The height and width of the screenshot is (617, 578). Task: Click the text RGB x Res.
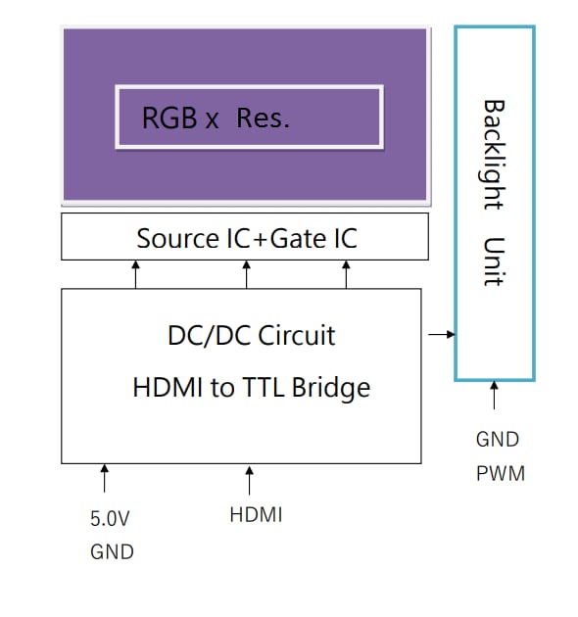[x=216, y=119]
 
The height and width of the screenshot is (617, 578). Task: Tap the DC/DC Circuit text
[x=251, y=336]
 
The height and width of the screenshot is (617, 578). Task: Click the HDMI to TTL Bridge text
[x=251, y=388]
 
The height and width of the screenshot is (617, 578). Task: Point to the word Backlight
[x=493, y=154]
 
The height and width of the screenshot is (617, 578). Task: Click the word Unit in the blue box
[x=493, y=261]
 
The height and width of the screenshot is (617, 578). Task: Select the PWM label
[x=500, y=474]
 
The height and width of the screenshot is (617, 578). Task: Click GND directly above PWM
[x=498, y=440]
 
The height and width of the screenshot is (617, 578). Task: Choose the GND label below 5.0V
[x=111, y=552]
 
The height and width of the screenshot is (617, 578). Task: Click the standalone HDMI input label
[x=256, y=514]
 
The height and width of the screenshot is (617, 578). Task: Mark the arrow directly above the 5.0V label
[x=104, y=479]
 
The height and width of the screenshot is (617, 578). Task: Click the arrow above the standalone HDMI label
[x=250, y=480]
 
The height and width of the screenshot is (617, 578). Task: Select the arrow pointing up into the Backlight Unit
[x=494, y=397]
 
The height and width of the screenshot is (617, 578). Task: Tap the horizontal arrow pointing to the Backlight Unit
[x=442, y=335]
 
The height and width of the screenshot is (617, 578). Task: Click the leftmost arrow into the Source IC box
[x=135, y=274]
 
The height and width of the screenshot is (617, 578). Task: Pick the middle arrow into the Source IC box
[x=246, y=274]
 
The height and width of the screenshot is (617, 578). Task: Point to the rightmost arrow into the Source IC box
[x=346, y=274]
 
